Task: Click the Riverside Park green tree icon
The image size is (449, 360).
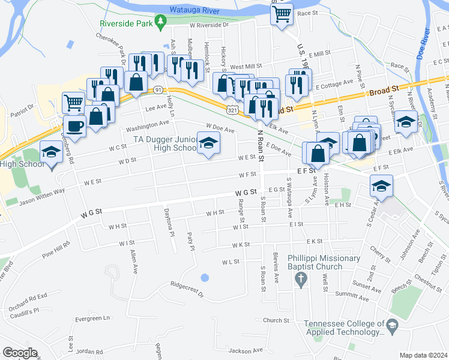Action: click(x=160, y=22)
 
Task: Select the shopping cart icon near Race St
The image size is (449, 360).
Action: click(x=282, y=13)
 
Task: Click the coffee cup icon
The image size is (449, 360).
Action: click(x=75, y=125)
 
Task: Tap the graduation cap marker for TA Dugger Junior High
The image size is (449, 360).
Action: click(x=208, y=143)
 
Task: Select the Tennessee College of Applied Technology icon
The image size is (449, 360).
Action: click(x=392, y=327)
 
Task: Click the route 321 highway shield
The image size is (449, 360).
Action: click(x=232, y=110)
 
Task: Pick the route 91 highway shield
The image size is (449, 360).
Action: click(x=158, y=89)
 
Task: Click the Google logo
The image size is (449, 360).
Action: click(x=20, y=352)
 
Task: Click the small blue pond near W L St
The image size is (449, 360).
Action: click(x=205, y=278)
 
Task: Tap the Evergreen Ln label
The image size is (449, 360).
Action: click(x=89, y=318)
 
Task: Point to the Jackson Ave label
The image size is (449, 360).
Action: click(x=246, y=350)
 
